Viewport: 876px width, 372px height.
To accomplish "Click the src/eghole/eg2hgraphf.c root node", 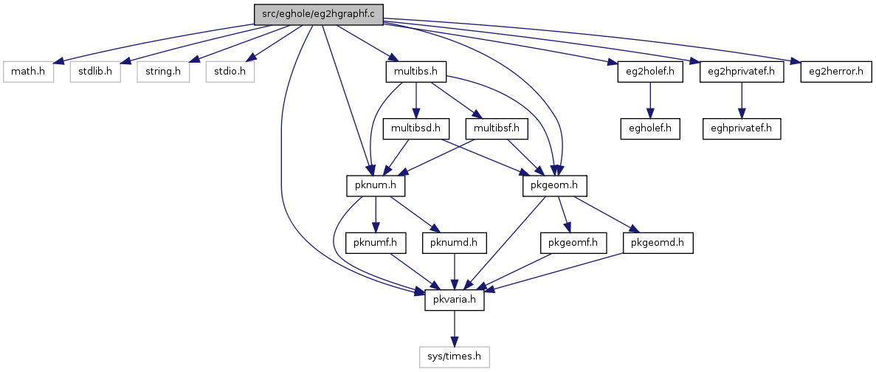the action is (318, 15).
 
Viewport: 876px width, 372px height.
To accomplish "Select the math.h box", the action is (28, 72).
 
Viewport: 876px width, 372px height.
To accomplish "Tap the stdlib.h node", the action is (95, 72).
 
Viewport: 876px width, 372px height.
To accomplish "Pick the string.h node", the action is (163, 72).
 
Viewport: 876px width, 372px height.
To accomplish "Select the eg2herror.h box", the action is (835, 72).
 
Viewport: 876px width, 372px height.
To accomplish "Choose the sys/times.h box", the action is (455, 356).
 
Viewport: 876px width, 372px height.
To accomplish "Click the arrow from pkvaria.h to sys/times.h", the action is (455, 329).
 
